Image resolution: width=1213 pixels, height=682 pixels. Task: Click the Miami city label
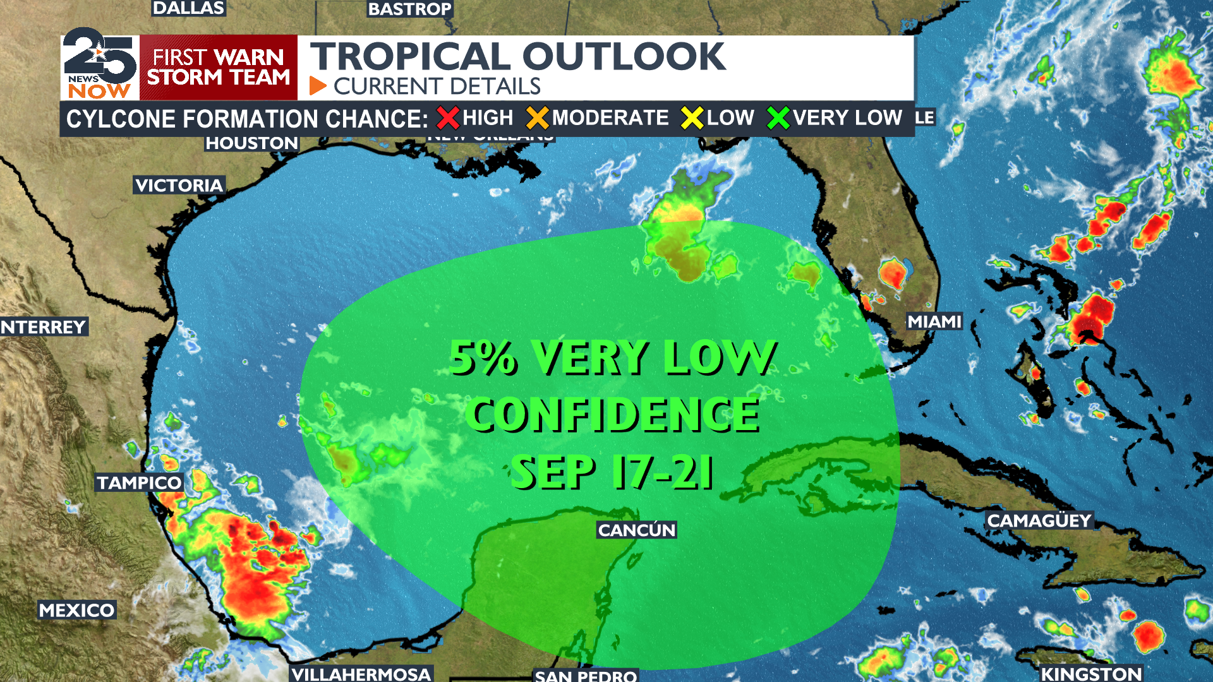pyautogui.click(x=934, y=322)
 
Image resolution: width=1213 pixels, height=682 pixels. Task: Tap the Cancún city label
pyautogui.click(x=637, y=530)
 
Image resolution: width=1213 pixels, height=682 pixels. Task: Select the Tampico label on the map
pyautogui.click(x=139, y=483)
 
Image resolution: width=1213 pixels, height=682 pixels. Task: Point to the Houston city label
pyautogui.click(x=251, y=143)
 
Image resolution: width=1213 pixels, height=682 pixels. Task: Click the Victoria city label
pyautogui.click(x=179, y=185)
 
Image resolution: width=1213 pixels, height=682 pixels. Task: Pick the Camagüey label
pyautogui.click(x=1039, y=520)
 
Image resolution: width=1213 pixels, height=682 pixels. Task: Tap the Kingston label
pyautogui.click(x=1091, y=674)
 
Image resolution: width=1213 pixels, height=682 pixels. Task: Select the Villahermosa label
pyautogui.click(x=361, y=674)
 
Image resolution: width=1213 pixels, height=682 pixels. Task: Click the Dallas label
pyautogui.click(x=188, y=8)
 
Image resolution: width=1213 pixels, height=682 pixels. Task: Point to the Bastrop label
pyautogui.click(x=410, y=9)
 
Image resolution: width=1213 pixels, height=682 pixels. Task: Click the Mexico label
pyautogui.click(x=76, y=610)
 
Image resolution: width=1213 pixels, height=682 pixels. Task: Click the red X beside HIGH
pyautogui.click(x=448, y=118)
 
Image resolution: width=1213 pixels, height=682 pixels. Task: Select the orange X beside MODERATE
pyautogui.click(x=538, y=118)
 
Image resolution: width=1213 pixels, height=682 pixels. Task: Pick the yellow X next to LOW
pyautogui.click(x=692, y=118)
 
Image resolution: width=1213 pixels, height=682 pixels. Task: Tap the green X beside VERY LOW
pyautogui.click(x=778, y=118)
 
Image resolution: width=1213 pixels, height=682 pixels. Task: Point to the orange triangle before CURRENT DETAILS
pyautogui.click(x=318, y=86)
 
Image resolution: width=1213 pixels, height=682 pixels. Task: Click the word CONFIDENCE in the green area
pyautogui.click(x=615, y=415)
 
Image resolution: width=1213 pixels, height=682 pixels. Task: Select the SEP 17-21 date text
pyautogui.click(x=612, y=472)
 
